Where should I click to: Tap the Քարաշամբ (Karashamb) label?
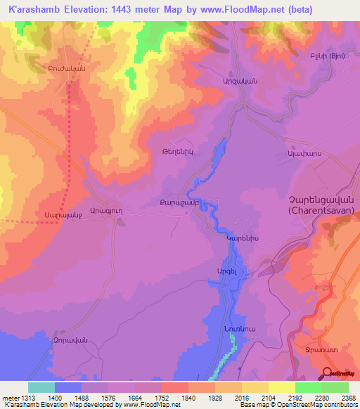point(181,203)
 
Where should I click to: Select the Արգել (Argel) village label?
point(217,270)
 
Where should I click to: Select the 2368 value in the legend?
point(348,398)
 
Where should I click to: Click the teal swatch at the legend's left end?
point(41,387)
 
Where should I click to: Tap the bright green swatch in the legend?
point(308,387)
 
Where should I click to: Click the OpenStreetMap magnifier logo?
point(328,372)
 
